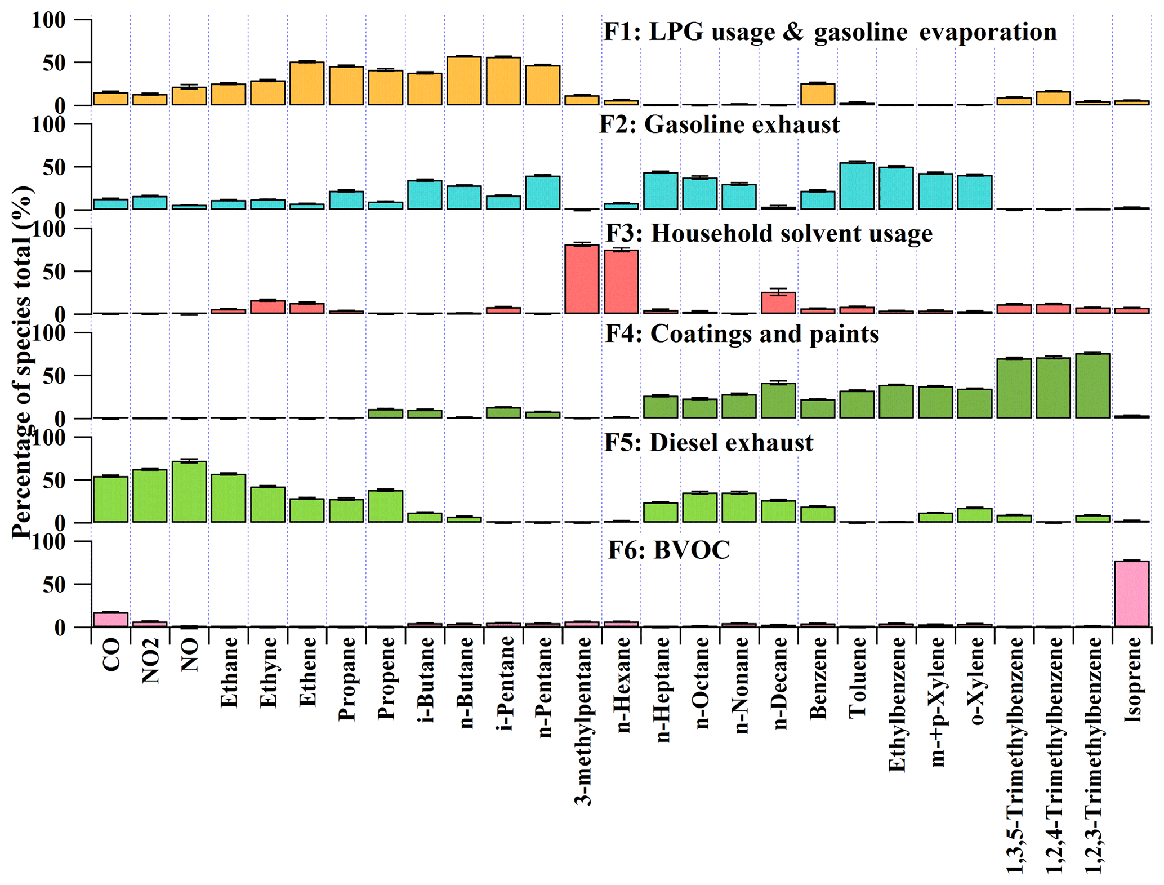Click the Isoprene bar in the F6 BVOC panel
(x=1131, y=593)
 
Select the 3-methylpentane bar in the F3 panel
(x=582, y=279)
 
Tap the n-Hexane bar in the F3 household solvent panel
(x=621, y=282)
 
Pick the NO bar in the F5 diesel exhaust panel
(x=189, y=492)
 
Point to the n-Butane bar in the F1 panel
(x=464, y=81)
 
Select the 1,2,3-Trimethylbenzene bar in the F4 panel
(x=1092, y=386)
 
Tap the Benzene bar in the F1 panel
(x=818, y=94)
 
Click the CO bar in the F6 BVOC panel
(x=110, y=620)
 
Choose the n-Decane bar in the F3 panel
(x=778, y=303)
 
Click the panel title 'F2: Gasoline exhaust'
(x=719, y=124)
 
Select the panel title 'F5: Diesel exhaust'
(x=708, y=443)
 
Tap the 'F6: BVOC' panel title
(x=669, y=550)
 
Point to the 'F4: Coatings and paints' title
(x=742, y=334)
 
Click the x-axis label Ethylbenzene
(x=897, y=704)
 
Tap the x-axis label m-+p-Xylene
(x=936, y=702)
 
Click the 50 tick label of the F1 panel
(x=55, y=63)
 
